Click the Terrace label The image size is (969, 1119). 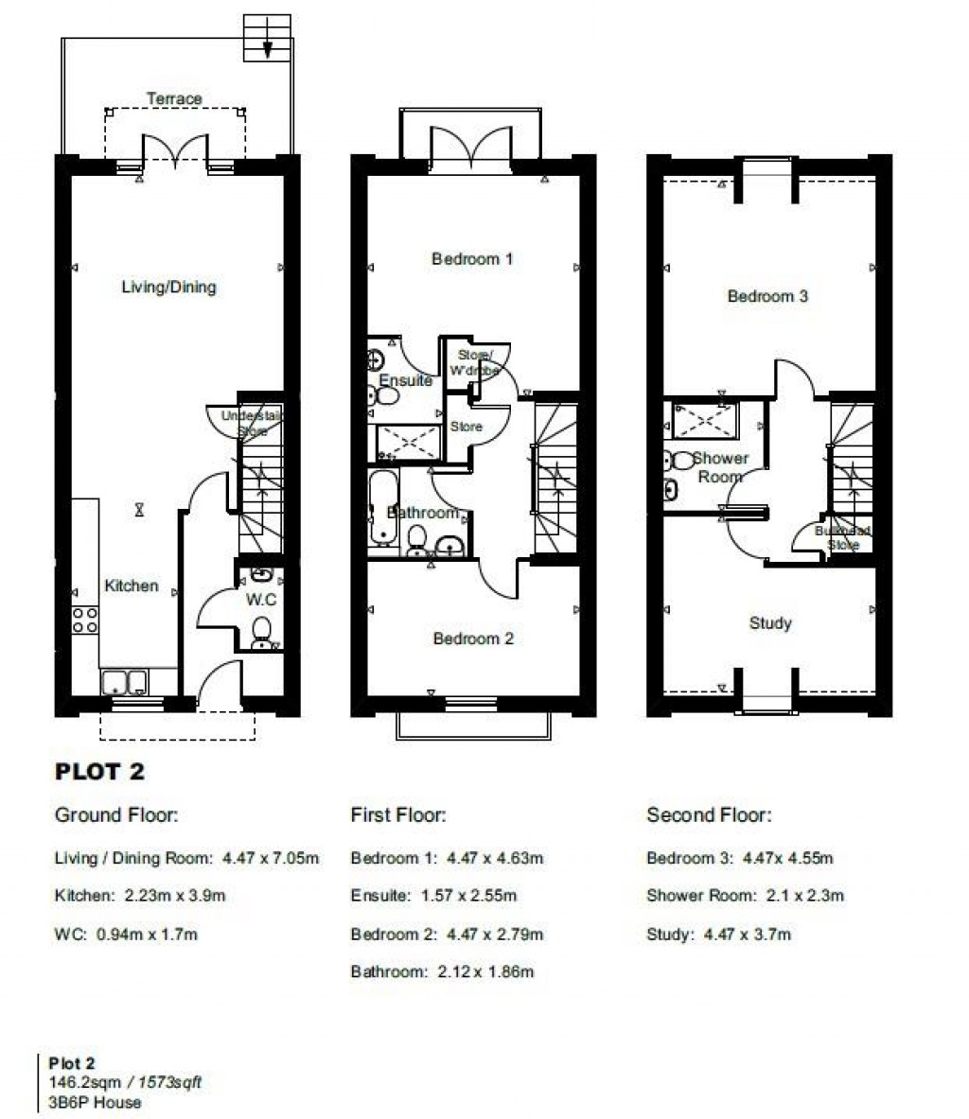[174, 98]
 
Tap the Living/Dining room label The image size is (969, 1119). [168, 287]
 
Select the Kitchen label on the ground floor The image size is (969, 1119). [131, 586]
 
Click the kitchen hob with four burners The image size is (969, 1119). [85, 620]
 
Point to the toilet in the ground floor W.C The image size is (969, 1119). [262, 632]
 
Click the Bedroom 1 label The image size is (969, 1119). [472, 258]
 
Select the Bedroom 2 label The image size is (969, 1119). [472, 638]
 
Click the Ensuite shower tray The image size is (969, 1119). [409, 442]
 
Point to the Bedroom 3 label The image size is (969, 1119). [767, 296]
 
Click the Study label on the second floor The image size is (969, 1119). [769, 623]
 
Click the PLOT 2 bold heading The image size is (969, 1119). [99, 772]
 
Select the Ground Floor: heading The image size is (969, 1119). [116, 814]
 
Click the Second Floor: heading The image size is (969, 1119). [708, 814]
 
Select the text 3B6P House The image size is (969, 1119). [95, 1102]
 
